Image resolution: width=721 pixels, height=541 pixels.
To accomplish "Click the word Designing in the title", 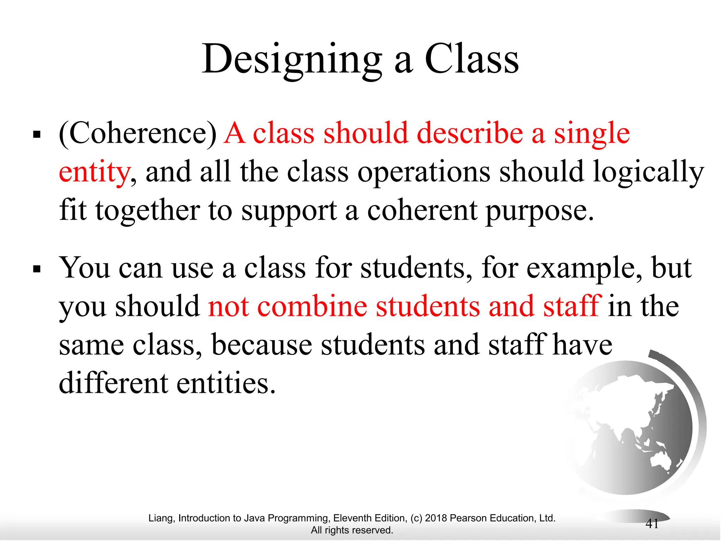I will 292,60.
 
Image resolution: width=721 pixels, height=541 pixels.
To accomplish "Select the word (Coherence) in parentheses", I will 138,133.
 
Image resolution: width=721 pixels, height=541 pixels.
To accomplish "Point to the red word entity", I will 94,172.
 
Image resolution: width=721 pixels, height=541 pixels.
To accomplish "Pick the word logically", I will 648,172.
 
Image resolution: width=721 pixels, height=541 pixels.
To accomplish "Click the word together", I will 148,211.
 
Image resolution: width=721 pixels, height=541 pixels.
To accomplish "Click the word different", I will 113,383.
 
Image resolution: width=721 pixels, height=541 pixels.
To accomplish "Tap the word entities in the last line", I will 225,383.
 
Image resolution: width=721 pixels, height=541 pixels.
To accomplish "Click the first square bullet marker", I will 37,135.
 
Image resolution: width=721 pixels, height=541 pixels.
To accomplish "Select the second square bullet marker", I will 37,269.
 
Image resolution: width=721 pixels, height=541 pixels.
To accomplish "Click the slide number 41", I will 652,524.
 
